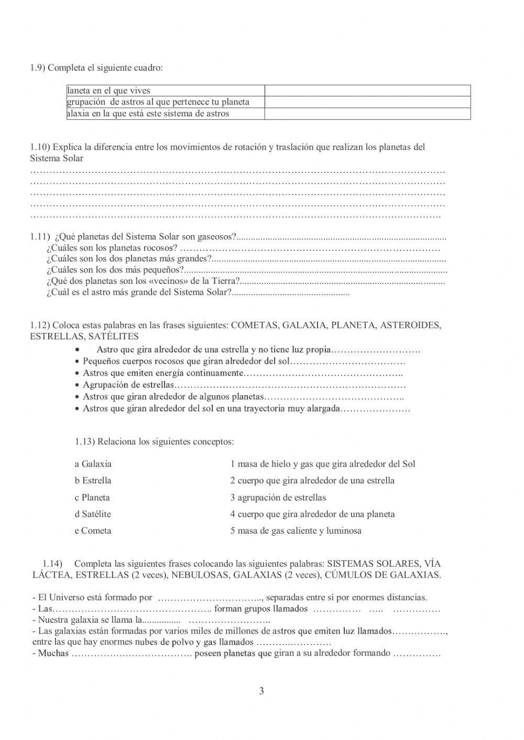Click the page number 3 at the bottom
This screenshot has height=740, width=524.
pos(261,691)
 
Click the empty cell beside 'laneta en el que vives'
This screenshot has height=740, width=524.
pos(367,91)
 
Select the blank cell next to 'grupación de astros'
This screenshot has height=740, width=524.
pos(367,102)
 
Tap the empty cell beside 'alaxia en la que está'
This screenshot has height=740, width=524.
pos(367,114)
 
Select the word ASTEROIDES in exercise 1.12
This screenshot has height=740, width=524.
pos(410,325)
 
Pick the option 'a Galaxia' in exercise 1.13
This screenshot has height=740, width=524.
pos(93,464)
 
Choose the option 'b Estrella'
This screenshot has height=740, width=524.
pos(93,481)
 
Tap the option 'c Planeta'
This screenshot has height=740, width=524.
pos(92,498)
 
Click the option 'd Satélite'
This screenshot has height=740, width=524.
pos(93,514)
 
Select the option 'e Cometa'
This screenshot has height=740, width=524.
pos(93,531)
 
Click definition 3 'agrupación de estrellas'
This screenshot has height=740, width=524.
pos(278,498)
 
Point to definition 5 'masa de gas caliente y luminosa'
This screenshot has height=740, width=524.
pos(296,531)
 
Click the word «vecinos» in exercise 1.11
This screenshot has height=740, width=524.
pos(162,281)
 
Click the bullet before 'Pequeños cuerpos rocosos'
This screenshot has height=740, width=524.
pos(78,362)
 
